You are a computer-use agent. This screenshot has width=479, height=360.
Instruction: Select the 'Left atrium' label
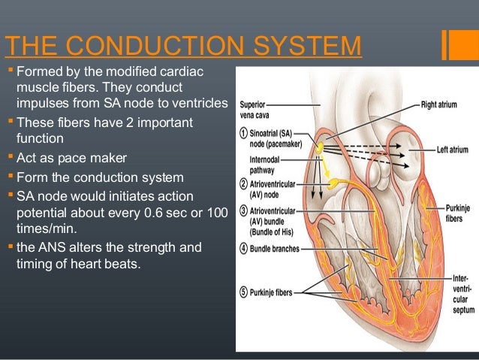(x=453, y=150)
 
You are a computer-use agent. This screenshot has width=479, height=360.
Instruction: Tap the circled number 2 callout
(x=243, y=183)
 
